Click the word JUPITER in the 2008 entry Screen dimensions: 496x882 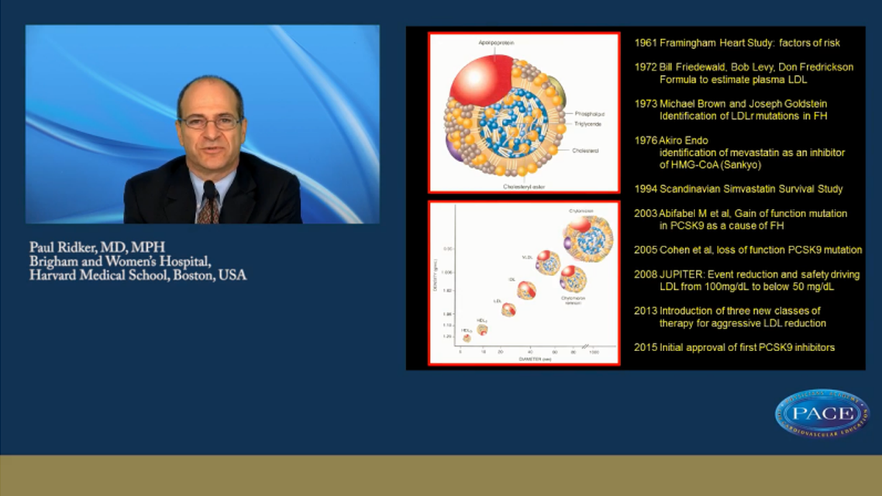click(x=681, y=274)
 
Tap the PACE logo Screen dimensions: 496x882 click(x=822, y=414)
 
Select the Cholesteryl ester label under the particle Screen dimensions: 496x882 click(x=524, y=186)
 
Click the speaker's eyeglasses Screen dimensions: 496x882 click(x=210, y=122)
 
